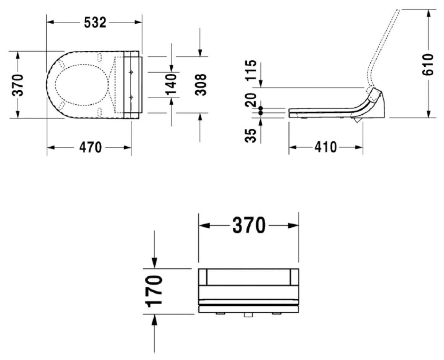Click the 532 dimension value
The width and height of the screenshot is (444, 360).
click(95, 23)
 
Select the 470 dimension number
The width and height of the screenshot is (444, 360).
click(90, 147)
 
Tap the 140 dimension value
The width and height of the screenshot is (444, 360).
click(171, 84)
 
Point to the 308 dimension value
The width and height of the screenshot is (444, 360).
click(201, 85)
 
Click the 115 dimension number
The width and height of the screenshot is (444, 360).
click(251, 71)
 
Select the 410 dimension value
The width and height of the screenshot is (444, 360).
click(326, 147)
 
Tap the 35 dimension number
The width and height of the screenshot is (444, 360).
click(251, 135)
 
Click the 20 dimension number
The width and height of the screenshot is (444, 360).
click(251, 100)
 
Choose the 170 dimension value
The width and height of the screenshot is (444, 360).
click(154, 291)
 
